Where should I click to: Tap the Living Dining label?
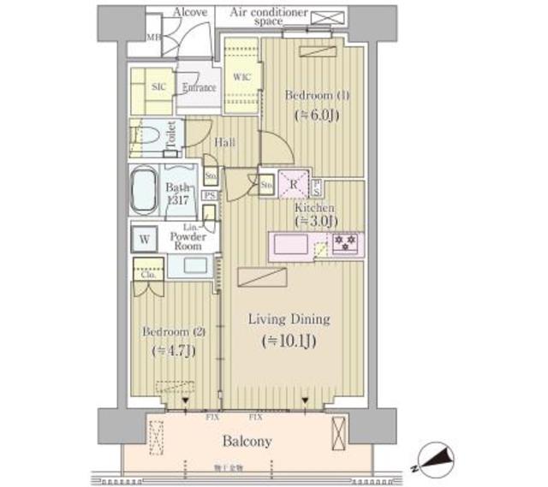[289, 319]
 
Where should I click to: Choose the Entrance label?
[199, 87]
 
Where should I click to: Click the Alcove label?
[190, 13]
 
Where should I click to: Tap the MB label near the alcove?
[154, 39]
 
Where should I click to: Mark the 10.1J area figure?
[288, 342]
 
